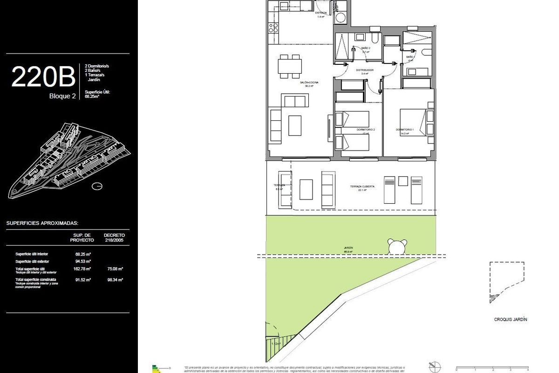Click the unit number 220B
pyautogui.click(x=43, y=77)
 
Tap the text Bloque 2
pyautogui.click(x=62, y=97)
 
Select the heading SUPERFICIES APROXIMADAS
pyautogui.click(x=42, y=223)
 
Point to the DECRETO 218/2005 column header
pyautogui.click(x=114, y=237)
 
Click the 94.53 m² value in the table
pyautogui.click(x=83, y=262)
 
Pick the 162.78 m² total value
pyautogui.click(x=83, y=269)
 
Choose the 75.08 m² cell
pyautogui.click(x=114, y=269)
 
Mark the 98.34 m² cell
pyautogui.click(x=114, y=280)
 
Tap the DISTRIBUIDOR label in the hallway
pyautogui.click(x=365, y=70)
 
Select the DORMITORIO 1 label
pyautogui.click(x=405, y=130)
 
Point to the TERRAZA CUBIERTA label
pyautogui.click(x=362, y=186)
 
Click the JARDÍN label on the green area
pyautogui.click(x=348, y=248)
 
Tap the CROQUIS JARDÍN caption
pyautogui.click(x=511, y=319)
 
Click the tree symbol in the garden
pyautogui.click(x=398, y=247)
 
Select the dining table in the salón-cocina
pyautogui.click(x=289, y=66)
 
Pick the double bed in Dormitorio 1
pyautogui.click(x=414, y=122)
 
